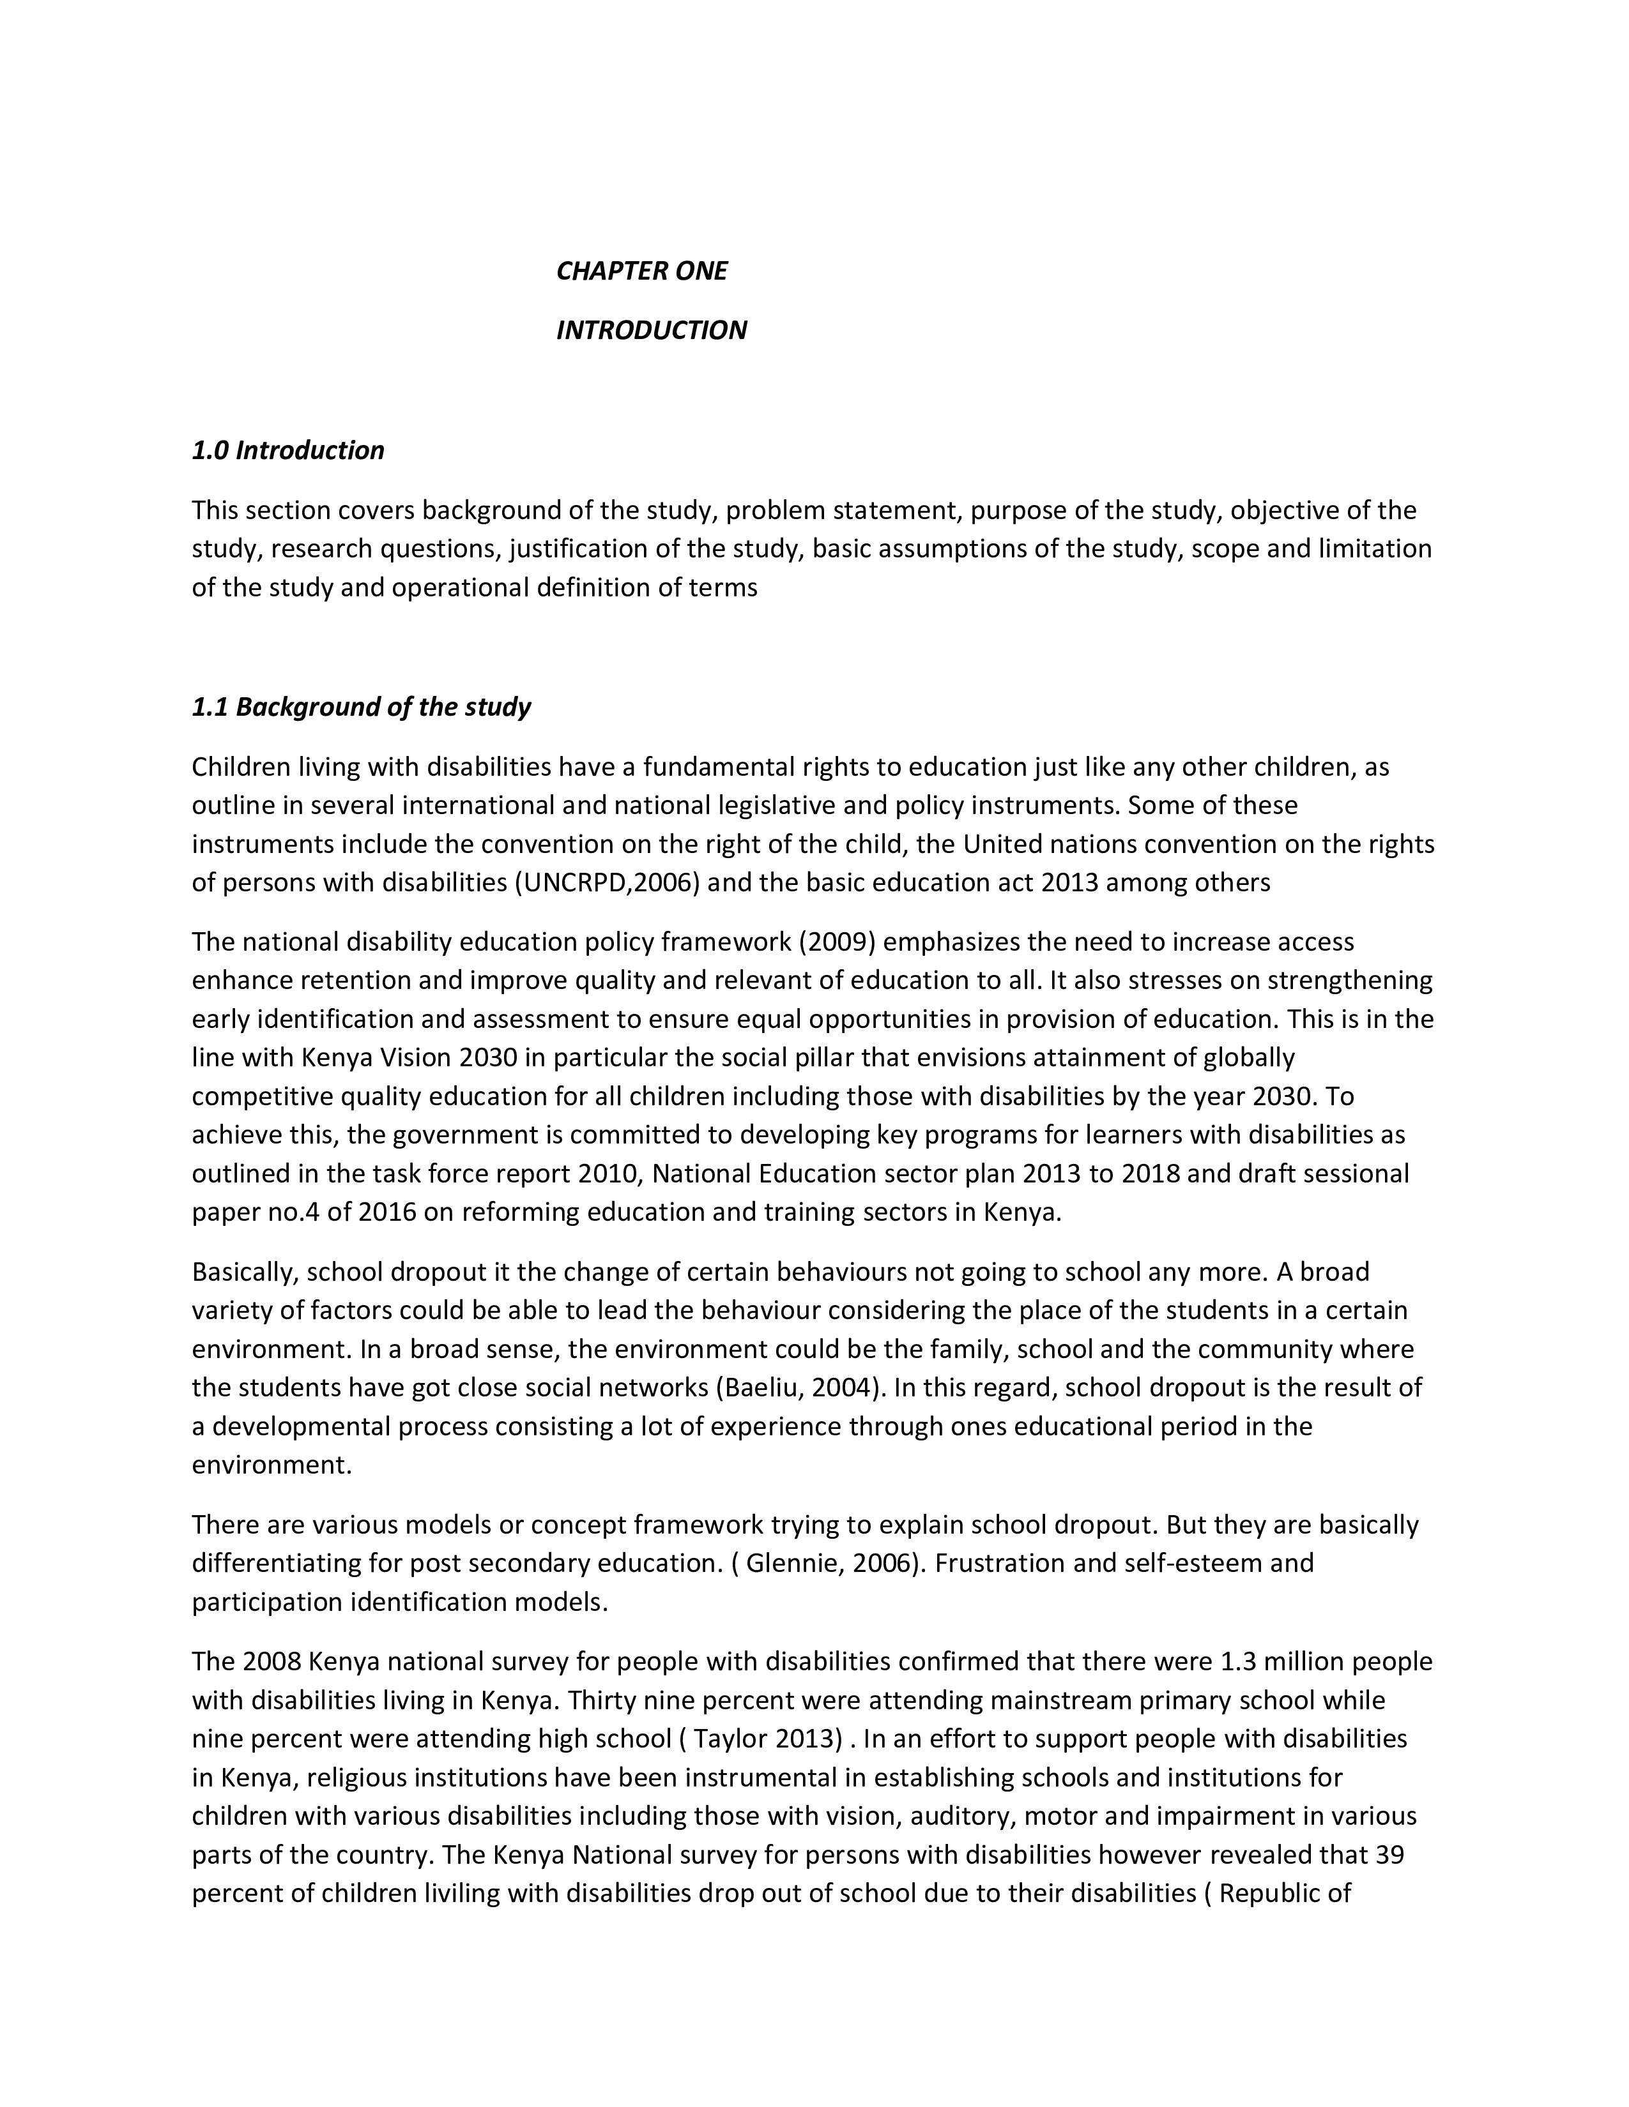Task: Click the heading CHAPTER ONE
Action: (x=642, y=271)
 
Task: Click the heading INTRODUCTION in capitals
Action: (x=652, y=331)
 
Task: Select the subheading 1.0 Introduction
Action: (x=287, y=451)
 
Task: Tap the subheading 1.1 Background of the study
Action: (x=361, y=707)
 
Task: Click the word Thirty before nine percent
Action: (x=603, y=1700)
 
